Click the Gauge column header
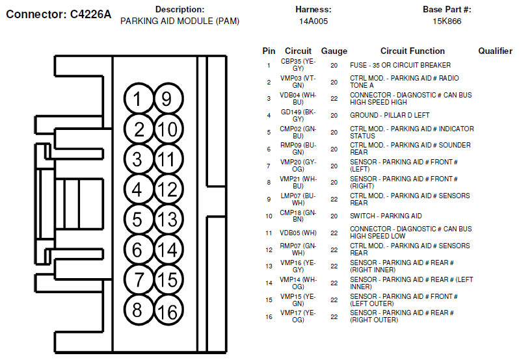tap(334, 51)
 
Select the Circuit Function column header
tap(412, 51)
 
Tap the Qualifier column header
tap(495, 51)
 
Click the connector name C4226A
tap(90, 14)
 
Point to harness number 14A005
tap(313, 21)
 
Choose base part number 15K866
tap(447, 21)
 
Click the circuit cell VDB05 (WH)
tap(298, 233)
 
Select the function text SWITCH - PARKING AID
tap(386, 216)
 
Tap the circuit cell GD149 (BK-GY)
tap(298, 116)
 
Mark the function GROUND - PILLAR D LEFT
tap(390, 115)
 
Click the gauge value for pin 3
tap(334, 99)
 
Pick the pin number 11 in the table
tap(269, 233)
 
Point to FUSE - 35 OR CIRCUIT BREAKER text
tap(400, 65)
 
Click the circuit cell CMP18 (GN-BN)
tap(298, 216)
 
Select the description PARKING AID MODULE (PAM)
tap(180, 21)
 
